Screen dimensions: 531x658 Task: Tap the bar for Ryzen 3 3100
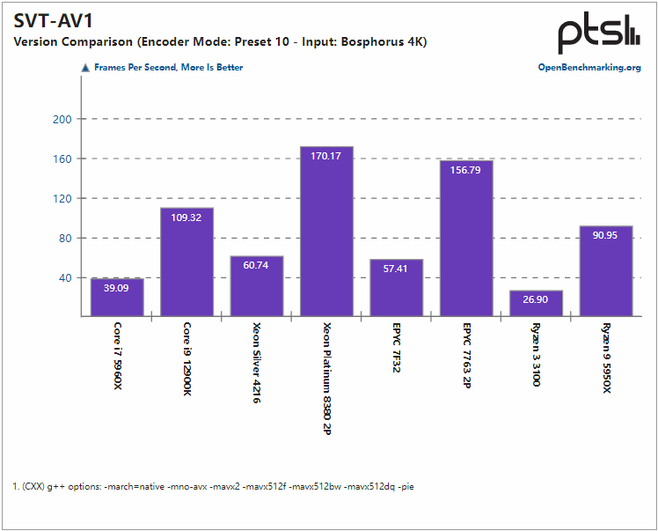(536, 304)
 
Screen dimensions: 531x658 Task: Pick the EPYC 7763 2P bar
(466, 239)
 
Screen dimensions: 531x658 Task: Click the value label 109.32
(186, 218)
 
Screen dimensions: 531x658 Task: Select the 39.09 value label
(117, 287)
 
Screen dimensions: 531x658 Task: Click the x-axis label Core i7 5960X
(117, 357)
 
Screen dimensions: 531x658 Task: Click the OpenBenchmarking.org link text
(589, 67)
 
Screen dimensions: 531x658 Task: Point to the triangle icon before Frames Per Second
(85, 67)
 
